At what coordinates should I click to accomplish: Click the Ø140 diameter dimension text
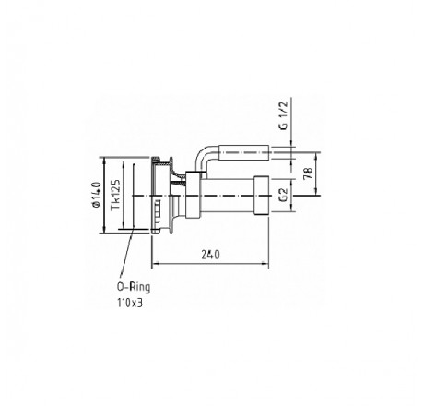tap(97, 195)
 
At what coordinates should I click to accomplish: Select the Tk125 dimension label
tap(115, 195)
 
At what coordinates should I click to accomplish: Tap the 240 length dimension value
tap(210, 255)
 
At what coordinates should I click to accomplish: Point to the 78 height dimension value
tap(309, 173)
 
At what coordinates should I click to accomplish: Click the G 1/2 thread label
tap(285, 115)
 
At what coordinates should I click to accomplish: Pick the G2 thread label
tap(284, 195)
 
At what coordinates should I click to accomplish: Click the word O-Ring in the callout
tap(134, 287)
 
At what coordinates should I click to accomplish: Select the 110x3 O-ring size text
tap(130, 303)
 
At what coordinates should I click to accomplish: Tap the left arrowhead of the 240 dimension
tap(156, 263)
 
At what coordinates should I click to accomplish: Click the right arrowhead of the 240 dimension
tap(265, 263)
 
